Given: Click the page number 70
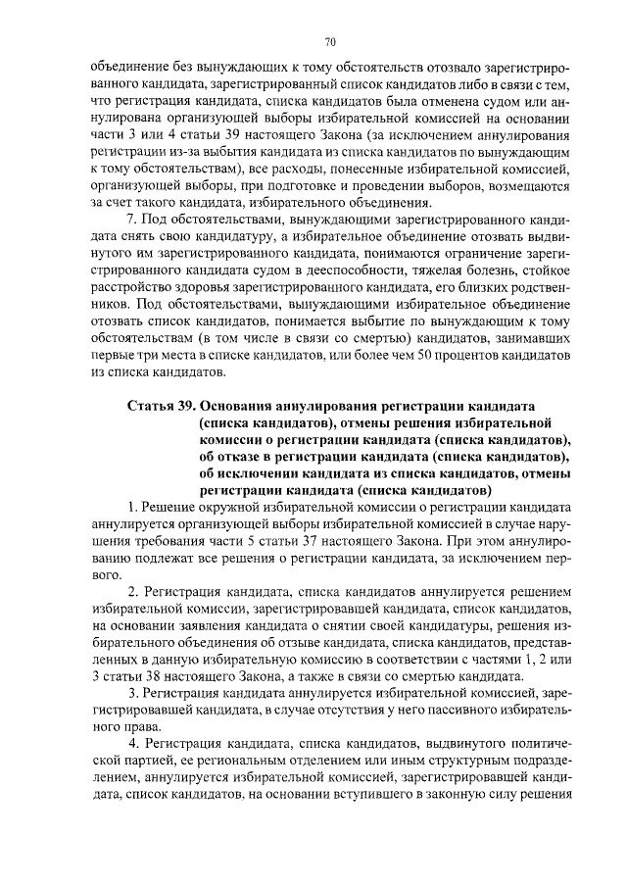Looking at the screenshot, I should (x=330, y=41).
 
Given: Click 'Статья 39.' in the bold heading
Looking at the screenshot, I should (x=161, y=406).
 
